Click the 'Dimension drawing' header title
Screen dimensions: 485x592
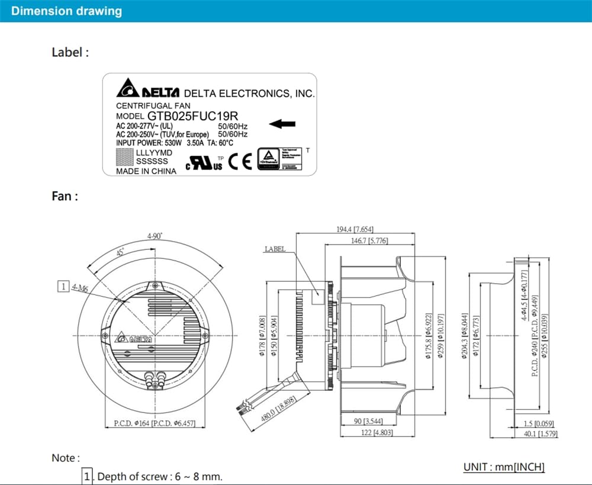[67, 11]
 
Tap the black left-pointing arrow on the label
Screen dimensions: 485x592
[282, 124]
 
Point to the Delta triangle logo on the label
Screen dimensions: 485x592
[127, 91]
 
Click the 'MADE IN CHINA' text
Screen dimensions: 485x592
[146, 171]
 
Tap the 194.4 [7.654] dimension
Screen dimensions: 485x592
[353, 229]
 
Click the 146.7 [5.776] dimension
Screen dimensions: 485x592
[368, 240]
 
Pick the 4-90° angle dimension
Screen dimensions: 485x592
[156, 236]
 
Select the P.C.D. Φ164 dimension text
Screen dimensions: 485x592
[131, 423]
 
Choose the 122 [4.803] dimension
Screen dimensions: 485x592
[370, 433]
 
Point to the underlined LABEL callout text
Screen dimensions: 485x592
[275, 249]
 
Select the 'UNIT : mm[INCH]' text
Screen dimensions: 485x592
[504, 467]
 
